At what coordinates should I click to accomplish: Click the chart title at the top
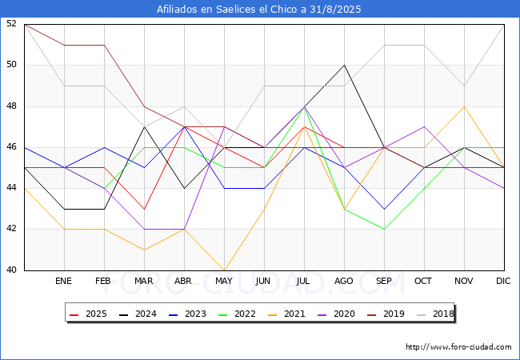pos(260,10)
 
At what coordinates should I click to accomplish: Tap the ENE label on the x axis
pos(64,282)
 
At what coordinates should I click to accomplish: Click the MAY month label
pos(224,282)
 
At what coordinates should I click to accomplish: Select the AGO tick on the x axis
pos(344,282)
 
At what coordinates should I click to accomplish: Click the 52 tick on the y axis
pos(12,24)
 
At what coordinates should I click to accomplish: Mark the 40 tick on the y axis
pos(12,270)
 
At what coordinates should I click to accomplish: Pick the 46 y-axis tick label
pos(12,147)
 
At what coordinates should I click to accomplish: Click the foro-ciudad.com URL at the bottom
pos(458,347)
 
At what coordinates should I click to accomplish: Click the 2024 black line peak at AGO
pos(344,65)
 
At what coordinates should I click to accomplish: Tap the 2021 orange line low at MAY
pos(224,270)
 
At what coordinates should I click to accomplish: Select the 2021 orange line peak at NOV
pos(464,106)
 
